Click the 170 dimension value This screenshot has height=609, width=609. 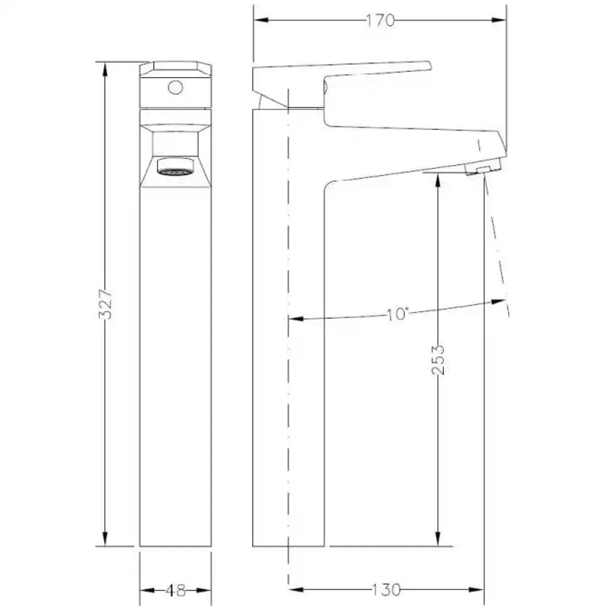point(380,20)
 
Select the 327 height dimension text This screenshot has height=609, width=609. point(106,304)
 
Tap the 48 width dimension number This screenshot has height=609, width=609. point(175,591)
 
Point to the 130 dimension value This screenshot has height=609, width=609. point(386,590)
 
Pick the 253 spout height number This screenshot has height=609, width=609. point(438,360)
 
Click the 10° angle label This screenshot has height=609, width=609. point(398,314)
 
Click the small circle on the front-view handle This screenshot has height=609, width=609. point(175,87)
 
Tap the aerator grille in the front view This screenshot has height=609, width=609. point(175,171)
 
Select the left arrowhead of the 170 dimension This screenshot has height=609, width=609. point(261,20)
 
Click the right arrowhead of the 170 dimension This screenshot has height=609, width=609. point(499,20)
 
